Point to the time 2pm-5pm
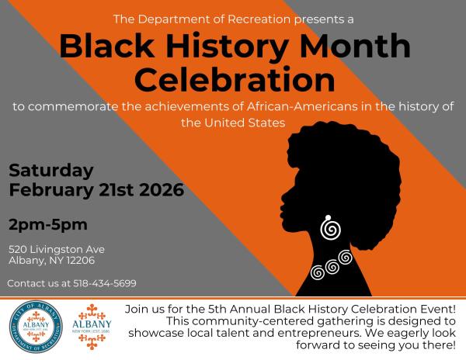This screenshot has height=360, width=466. pos(47,225)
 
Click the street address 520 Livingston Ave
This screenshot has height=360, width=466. pos(57,249)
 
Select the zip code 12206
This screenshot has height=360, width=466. pos(82,261)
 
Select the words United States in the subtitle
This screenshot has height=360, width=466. pos(249,123)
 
